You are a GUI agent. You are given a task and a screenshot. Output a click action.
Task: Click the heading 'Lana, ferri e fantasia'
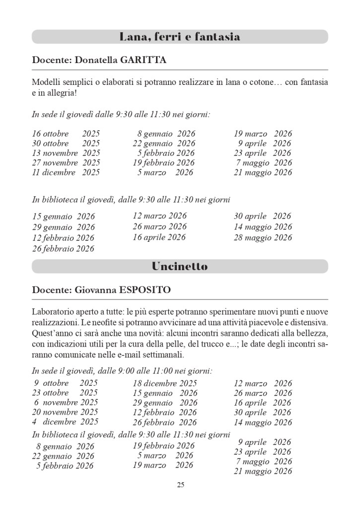[180, 37]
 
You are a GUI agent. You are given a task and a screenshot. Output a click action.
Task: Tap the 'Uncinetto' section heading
[180, 266]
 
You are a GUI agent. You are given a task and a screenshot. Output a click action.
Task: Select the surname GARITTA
[144, 60]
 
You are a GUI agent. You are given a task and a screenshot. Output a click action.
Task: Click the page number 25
[180, 485]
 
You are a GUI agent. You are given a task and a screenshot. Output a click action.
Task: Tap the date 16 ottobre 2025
[66, 134]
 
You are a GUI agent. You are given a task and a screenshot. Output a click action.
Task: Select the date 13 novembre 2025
[66, 153]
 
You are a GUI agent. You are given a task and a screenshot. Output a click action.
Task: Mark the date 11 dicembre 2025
[66, 172]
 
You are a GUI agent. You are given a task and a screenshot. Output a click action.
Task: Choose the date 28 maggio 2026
[263, 237]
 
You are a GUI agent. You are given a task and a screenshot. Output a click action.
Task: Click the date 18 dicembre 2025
[164, 383]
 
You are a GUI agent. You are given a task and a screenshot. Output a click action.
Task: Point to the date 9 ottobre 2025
[66, 383]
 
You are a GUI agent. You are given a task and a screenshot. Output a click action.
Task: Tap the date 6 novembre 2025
[66, 402]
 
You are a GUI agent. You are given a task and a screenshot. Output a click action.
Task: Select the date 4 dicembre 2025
[65, 422]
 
